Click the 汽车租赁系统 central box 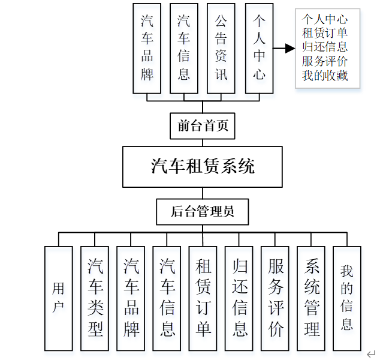203,166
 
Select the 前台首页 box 203,126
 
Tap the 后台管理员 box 202,211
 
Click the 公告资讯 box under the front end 221,48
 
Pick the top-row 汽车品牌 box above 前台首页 147,48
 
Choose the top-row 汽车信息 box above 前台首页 184,48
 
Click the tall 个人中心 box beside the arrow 259,48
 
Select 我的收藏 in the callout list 325,76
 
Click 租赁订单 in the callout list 325,32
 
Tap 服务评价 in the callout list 325,61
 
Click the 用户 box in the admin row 58,298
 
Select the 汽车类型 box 95,298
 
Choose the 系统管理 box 312,298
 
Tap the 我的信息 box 347,298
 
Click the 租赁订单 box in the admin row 203,298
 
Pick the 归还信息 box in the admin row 239,298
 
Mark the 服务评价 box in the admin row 275,298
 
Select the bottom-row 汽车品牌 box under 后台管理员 131,298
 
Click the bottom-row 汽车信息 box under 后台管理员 167,298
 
